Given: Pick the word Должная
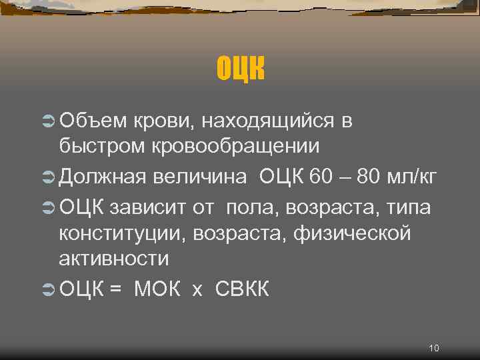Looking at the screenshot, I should pos(103,177).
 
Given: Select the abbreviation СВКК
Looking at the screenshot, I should pos(243,290).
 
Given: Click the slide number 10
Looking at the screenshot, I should pos(434,348).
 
